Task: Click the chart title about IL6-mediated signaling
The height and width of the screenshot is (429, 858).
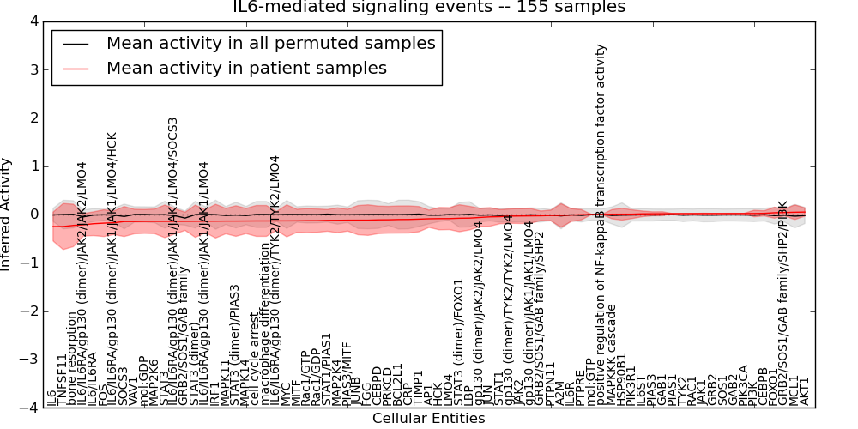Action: point(429,8)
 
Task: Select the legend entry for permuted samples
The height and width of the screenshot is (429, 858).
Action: point(270,43)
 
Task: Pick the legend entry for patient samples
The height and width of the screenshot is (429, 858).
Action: point(246,68)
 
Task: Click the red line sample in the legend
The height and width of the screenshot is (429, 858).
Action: point(76,69)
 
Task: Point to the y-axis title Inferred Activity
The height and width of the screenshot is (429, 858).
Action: point(8,214)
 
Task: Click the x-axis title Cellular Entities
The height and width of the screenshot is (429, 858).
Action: point(429,419)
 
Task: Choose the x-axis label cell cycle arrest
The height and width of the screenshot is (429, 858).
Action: point(254,361)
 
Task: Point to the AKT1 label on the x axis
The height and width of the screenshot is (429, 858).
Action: point(804,390)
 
